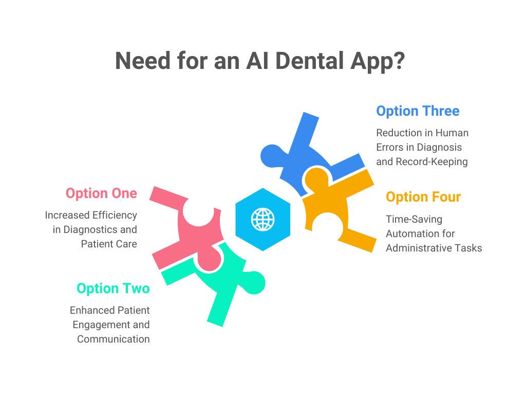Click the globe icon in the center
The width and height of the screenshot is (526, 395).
pyautogui.click(x=262, y=220)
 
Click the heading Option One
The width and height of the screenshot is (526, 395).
pyautogui.click(x=101, y=193)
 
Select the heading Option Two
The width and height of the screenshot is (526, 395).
pyautogui.click(x=113, y=289)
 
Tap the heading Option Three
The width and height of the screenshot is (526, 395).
pyautogui.click(x=418, y=111)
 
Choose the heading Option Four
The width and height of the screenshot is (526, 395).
pyautogui.click(x=423, y=197)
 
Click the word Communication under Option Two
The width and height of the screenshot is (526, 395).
pyautogui.click(x=114, y=339)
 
